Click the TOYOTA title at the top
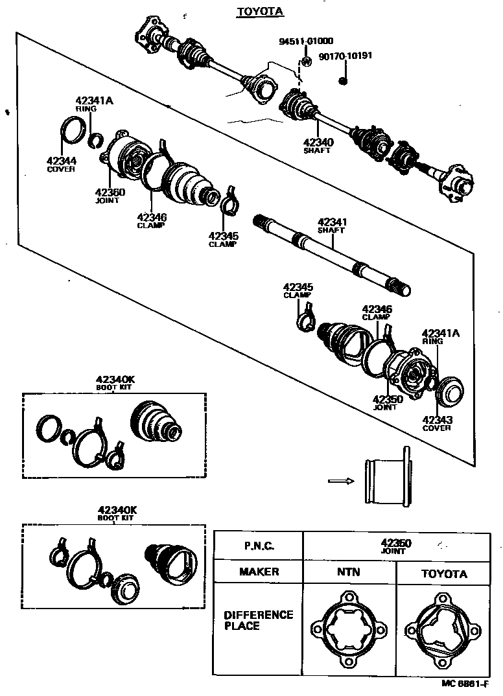(250, 12)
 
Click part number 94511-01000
(301, 41)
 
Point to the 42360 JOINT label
(110, 195)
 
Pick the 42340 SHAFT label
(318, 145)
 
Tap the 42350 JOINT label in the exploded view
(388, 402)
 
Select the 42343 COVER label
(437, 423)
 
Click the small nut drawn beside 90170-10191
(344, 80)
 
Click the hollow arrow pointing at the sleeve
(340, 481)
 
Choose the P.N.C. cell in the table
(259, 546)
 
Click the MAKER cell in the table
(259, 572)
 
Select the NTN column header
(349, 572)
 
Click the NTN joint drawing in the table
(349, 629)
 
